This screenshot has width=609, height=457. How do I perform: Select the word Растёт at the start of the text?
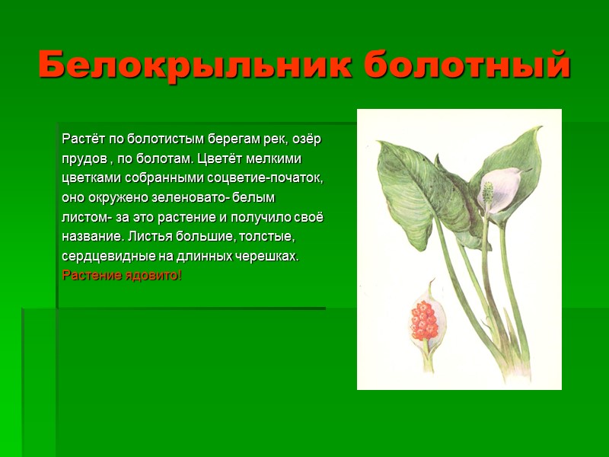81,139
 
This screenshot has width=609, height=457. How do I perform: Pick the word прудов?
82,159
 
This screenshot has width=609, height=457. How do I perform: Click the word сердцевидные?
99,257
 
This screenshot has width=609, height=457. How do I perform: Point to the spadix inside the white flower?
487,192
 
